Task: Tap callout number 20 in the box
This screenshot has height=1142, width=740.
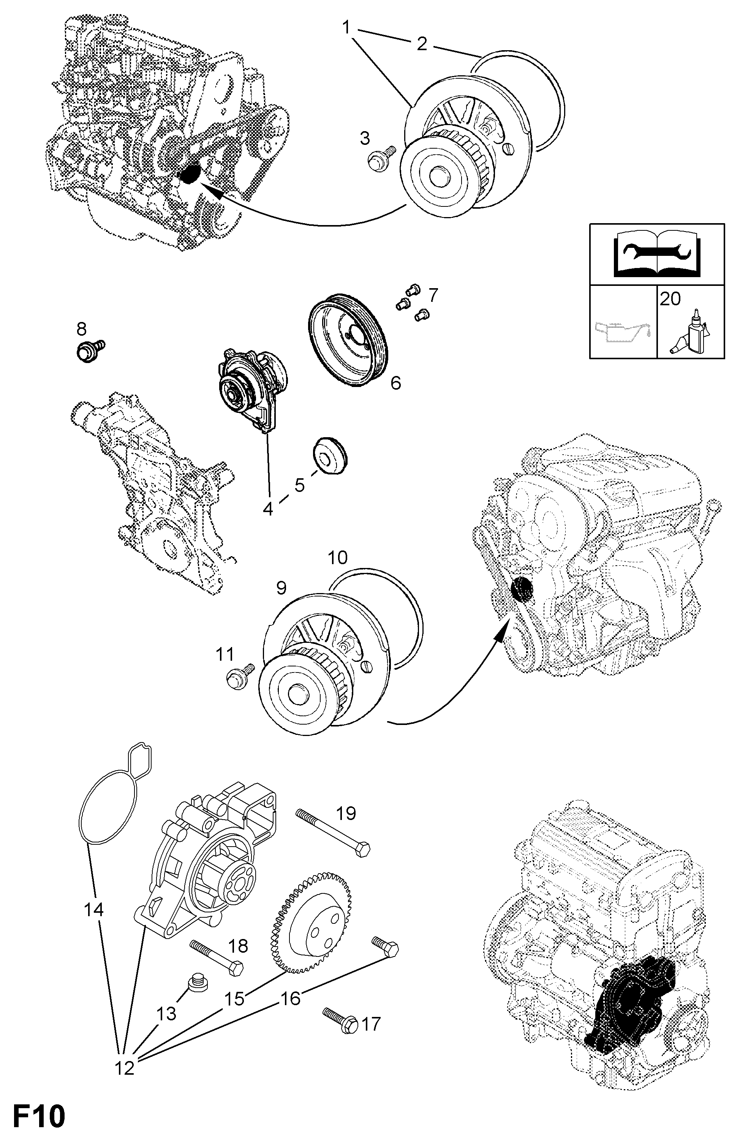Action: [670, 298]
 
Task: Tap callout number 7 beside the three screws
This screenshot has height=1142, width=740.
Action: [433, 296]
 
